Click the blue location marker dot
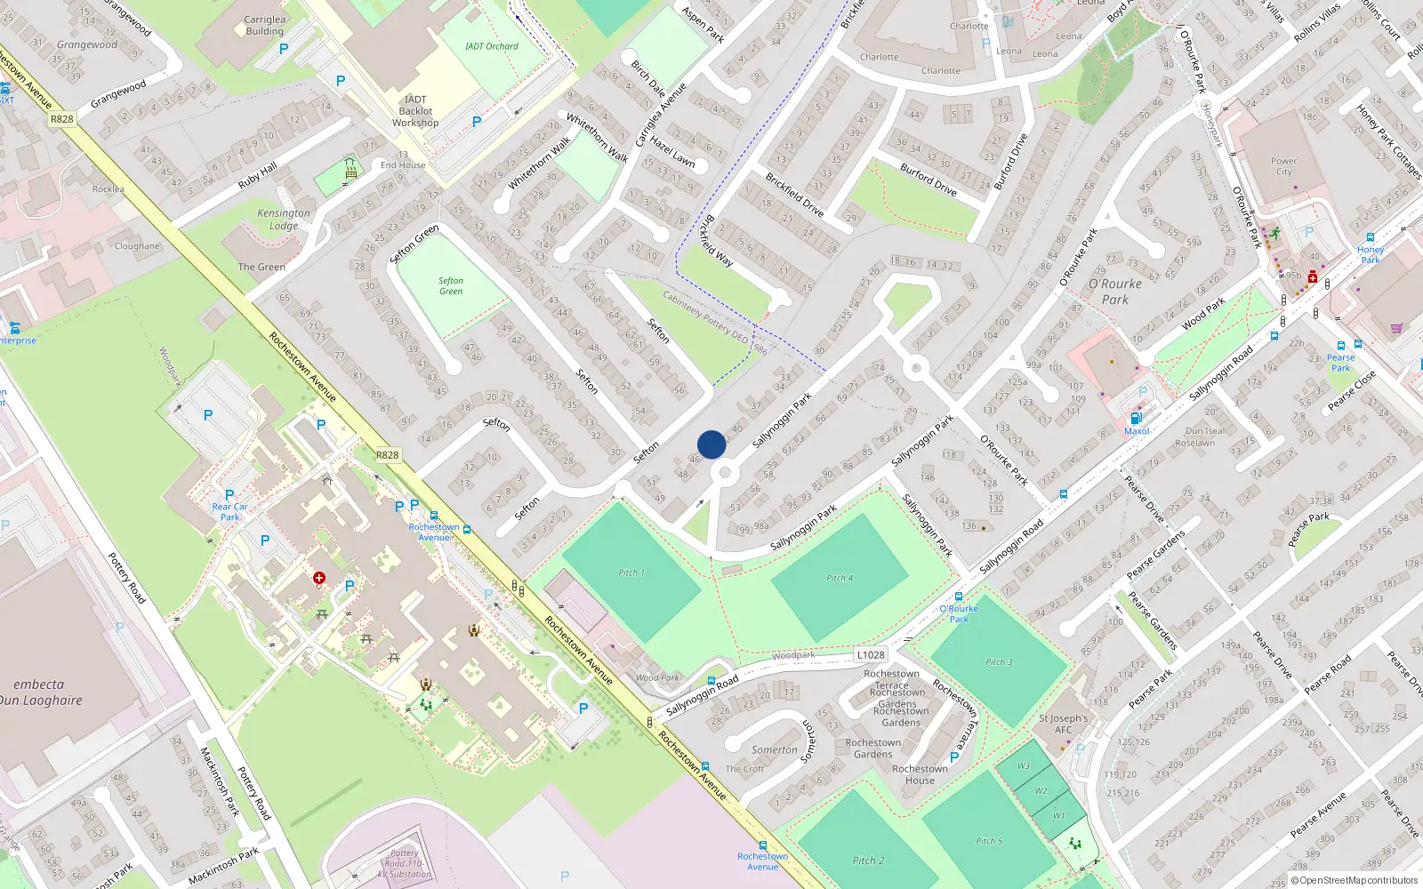click(x=711, y=444)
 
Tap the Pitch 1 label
click(x=631, y=573)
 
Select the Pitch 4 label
click(x=840, y=578)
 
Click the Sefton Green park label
click(x=451, y=286)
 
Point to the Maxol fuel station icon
click(x=1136, y=418)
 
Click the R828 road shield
click(x=387, y=455)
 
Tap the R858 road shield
click(x=61, y=119)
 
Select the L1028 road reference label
click(x=871, y=655)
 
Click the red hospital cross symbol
click(x=319, y=578)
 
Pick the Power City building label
click(x=1283, y=166)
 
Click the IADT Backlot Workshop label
click(x=415, y=111)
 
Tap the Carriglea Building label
click(x=264, y=25)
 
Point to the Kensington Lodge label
click(x=284, y=219)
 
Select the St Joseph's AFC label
click(x=1063, y=724)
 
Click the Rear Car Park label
click(x=229, y=511)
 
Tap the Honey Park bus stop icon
click(x=1371, y=238)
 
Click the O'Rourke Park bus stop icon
click(x=959, y=597)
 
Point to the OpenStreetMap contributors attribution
click(x=1358, y=880)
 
